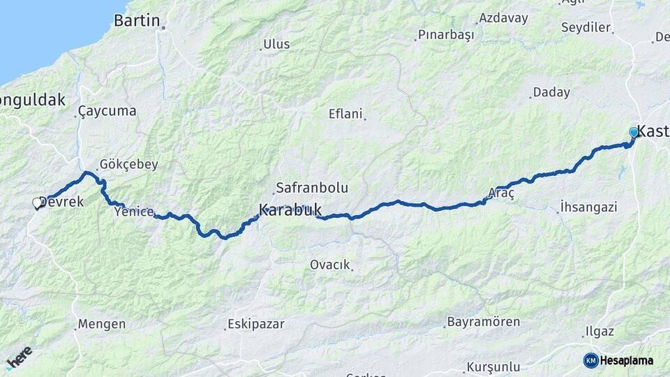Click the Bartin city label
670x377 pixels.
point(137,20)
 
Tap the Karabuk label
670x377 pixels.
point(290,209)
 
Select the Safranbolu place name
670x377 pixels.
point(311,188)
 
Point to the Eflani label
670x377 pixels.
point(346,114)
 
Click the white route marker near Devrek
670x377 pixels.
point(37,203)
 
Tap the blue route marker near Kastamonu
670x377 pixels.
point(634,132)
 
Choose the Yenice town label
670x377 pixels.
point(133,212)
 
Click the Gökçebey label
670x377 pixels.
point(128,165)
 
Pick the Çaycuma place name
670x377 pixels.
point(107,111)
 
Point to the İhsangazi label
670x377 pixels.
point(588,207)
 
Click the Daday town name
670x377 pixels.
point(551,92)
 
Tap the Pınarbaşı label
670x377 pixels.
point(446,34)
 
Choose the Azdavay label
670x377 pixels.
point(504,18)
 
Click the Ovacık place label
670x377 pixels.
point(329,265)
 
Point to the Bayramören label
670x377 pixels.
point(482,323)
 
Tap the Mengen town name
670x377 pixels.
point(102,324)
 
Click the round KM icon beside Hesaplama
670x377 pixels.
point(590,360)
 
